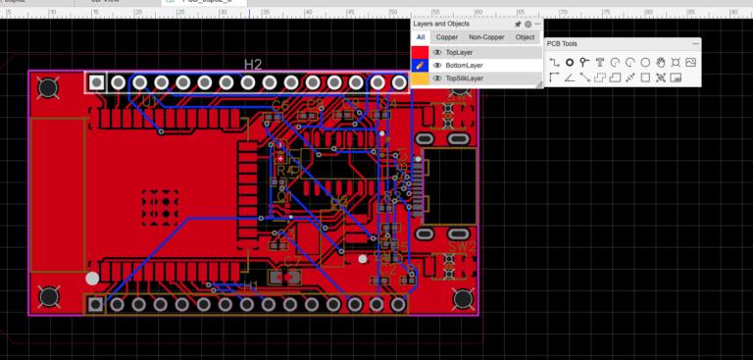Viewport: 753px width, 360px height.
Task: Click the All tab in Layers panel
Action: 421,36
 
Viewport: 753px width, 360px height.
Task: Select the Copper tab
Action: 447,36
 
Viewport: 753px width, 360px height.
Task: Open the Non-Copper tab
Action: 486,36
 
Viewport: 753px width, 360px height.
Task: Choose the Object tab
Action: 526,36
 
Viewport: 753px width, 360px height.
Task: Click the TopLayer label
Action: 459,51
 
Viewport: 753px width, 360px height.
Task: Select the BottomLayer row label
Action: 464,65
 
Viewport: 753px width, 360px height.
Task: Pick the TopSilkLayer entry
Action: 464,77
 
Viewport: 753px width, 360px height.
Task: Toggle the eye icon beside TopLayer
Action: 437,51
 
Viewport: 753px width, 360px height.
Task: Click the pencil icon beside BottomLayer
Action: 420,65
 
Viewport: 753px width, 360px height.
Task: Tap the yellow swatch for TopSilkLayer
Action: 420,77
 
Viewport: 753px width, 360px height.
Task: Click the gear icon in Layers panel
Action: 527,24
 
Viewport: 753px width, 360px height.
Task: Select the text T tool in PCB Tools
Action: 599,62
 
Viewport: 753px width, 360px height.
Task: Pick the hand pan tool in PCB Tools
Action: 661,62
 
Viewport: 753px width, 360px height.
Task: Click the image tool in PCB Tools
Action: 690,62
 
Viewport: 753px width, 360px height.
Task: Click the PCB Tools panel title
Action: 562,44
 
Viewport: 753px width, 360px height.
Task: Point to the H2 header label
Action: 253,65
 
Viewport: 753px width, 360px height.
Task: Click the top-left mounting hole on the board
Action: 46,88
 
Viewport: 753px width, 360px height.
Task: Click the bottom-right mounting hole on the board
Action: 462,297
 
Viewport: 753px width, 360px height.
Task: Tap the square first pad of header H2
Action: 96,82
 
